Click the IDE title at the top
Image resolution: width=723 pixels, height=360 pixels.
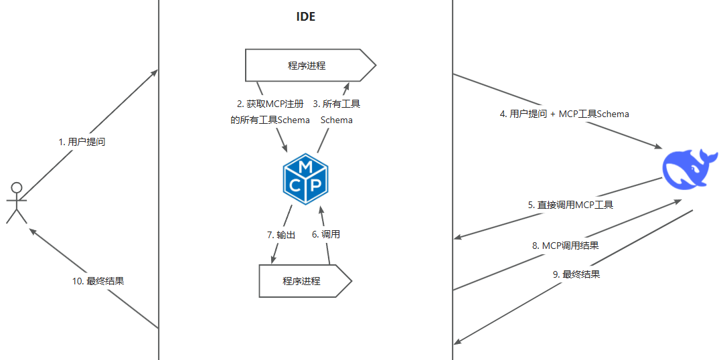306,17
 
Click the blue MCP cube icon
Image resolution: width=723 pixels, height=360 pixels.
306,177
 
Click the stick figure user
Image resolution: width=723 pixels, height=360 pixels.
17,202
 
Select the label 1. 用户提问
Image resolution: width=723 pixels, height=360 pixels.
82,142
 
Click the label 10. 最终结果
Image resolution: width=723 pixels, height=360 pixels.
98,281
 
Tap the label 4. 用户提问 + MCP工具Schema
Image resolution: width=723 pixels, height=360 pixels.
564,114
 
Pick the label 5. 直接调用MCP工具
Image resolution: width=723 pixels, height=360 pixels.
570,205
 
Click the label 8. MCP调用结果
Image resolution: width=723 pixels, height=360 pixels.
566,246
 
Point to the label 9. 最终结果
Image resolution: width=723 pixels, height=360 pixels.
576,274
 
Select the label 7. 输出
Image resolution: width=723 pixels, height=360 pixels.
281,235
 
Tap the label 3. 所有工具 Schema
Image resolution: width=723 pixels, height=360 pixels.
337,112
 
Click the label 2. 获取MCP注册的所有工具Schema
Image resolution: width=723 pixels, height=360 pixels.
270,112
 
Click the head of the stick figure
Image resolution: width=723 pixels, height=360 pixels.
17,187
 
